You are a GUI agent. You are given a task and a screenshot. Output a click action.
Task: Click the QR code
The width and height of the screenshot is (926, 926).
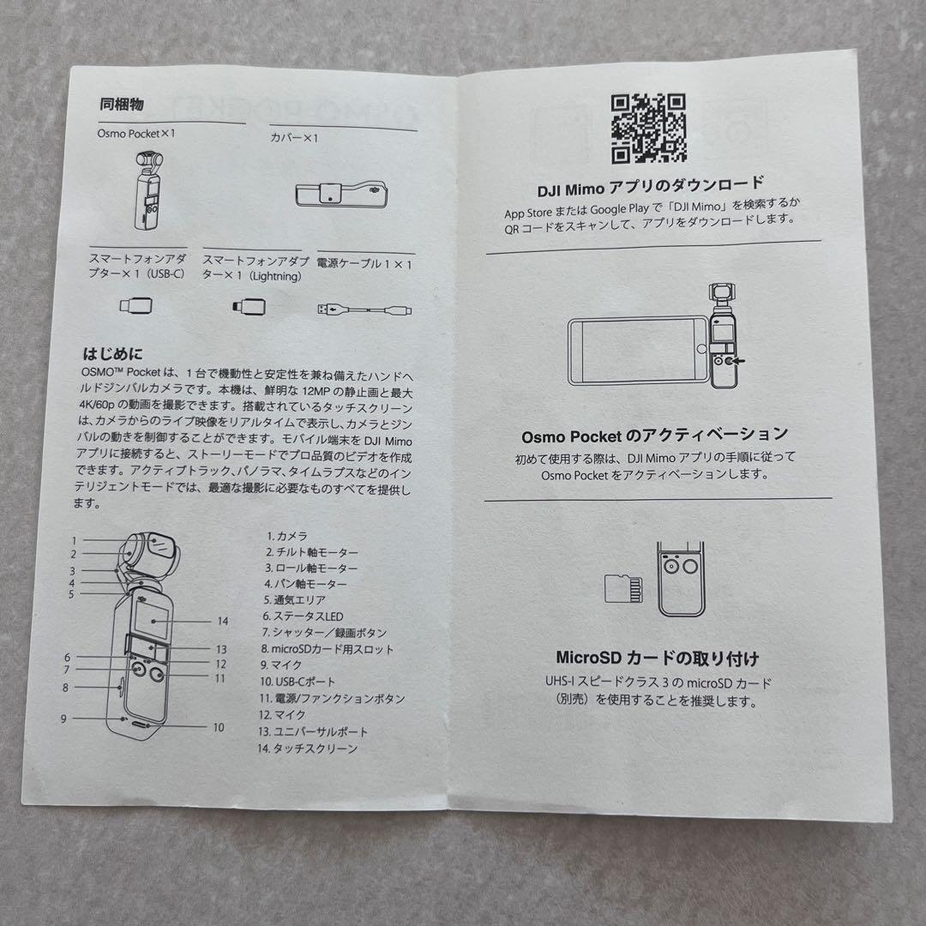(648, 128)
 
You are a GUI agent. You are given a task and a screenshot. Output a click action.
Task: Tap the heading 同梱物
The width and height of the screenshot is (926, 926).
(122, 105)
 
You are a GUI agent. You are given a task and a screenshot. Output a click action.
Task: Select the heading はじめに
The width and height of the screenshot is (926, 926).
(112, 353)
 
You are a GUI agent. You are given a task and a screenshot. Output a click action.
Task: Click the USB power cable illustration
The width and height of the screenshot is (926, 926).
(364, 306)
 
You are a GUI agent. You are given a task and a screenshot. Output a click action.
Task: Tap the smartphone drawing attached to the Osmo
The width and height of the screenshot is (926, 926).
(635, 352)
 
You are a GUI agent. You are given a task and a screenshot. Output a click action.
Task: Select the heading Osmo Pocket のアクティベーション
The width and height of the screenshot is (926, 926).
(655, 436)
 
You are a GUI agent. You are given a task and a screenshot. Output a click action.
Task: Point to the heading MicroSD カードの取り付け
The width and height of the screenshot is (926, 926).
(657, 659)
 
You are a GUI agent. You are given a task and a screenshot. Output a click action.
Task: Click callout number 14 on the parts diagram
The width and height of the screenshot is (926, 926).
(223, 621)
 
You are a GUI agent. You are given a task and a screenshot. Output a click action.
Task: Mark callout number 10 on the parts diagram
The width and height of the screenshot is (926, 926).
(218, 727)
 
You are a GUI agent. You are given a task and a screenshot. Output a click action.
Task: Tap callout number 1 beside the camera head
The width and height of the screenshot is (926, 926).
(75, 540)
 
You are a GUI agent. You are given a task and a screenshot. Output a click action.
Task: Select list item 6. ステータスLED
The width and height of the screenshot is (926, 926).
(303, 616)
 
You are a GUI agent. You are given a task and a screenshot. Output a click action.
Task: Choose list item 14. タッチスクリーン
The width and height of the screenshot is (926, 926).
(307, 748)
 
